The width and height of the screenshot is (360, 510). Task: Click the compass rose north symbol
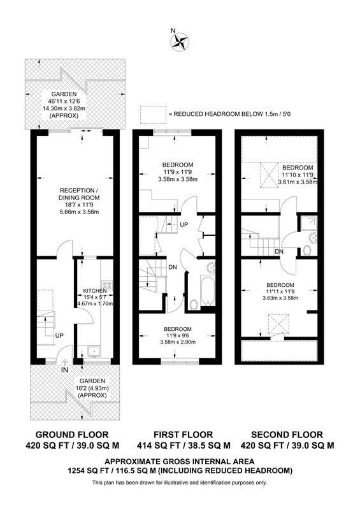pos(180,42)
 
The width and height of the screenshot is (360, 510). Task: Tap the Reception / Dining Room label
pos(79,194)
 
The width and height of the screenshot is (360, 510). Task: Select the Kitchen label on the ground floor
pos(95,291)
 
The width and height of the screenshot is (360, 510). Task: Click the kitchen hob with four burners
pos(106,285)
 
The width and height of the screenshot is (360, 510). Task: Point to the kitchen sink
pos(94,351)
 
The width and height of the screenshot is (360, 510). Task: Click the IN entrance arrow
pos(65,362)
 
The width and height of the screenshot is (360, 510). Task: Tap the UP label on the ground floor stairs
pos(59,335)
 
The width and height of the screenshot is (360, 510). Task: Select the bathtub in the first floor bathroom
pos(207,290)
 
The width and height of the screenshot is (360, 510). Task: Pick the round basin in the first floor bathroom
pos(212,268)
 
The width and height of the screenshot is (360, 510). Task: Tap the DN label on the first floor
pos(173,267)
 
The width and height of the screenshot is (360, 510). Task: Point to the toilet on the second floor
pos(306,251)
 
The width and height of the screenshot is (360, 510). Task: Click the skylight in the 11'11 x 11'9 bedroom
pos(278,324)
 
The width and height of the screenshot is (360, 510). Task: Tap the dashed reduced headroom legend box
pos(152,115)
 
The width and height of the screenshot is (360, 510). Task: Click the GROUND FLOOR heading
pos(72,435)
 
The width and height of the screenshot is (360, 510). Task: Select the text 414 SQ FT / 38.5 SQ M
pos(184,445)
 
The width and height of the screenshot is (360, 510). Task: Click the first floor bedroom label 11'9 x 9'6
pos(178,335)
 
